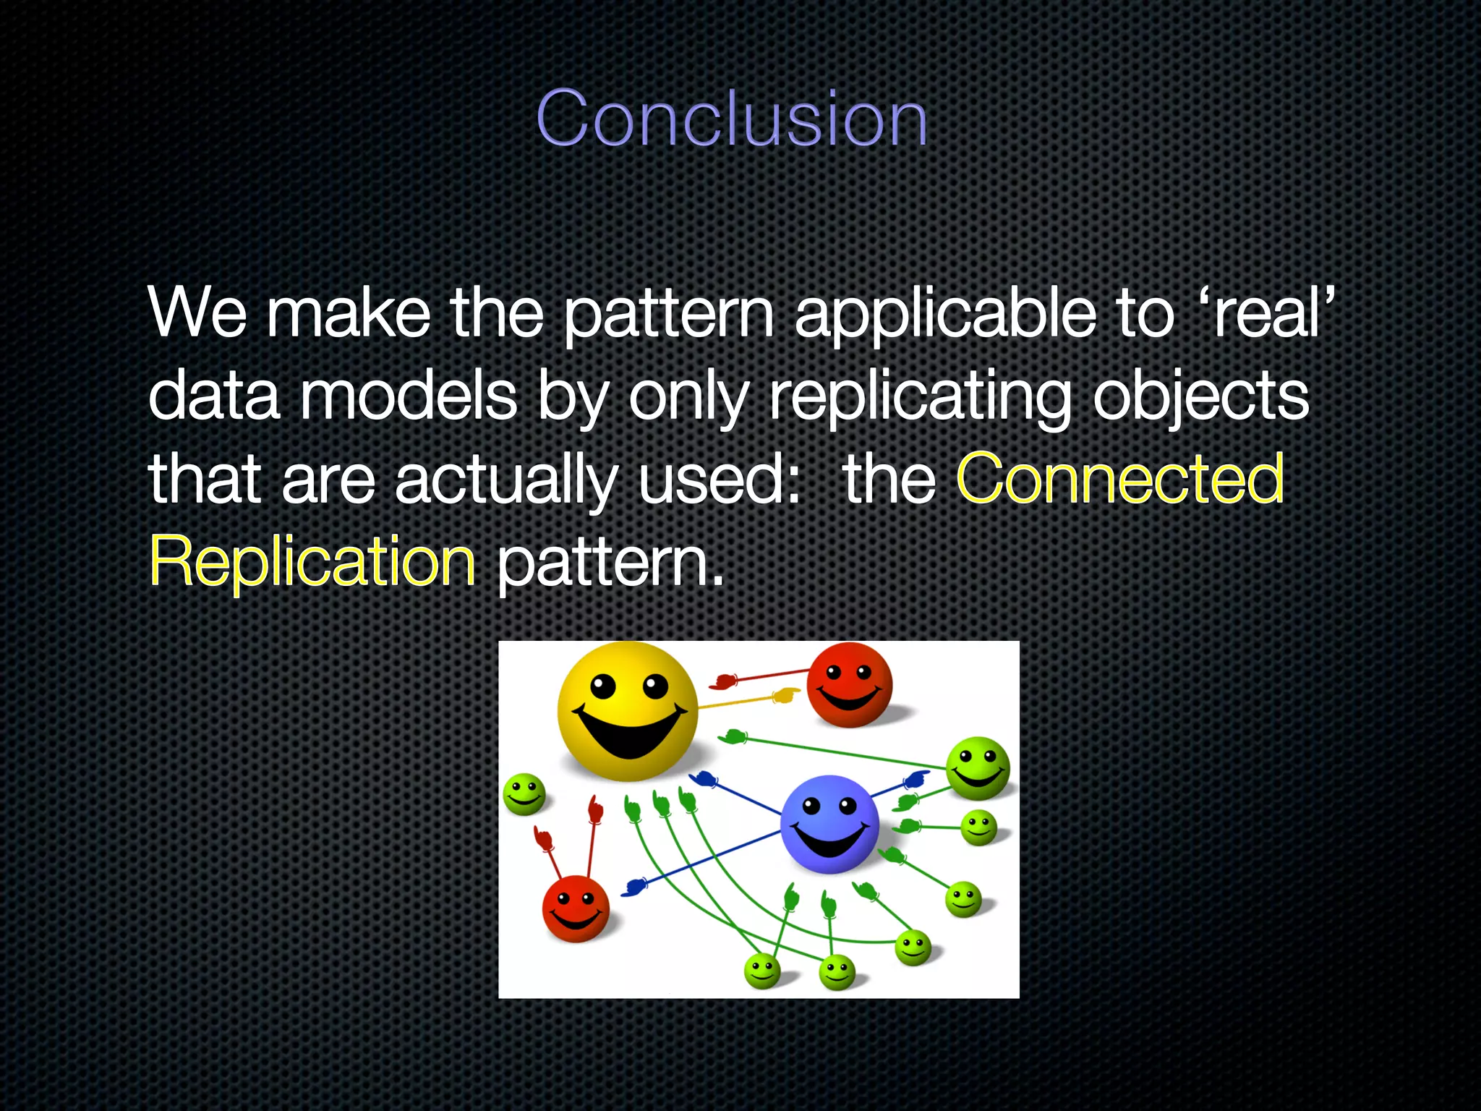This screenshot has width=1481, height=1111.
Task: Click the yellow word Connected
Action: click(1120, 478)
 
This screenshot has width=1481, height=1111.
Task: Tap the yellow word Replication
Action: click(312, 561)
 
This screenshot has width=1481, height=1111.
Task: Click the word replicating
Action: click(920, 396)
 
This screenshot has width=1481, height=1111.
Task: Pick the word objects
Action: click(1200, 396)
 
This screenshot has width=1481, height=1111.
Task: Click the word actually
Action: click(505, 480)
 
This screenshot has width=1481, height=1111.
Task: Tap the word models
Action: click(409, 396)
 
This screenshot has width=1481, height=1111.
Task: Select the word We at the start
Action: click(197, 312)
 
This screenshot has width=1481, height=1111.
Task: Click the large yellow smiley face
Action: click(627, 709)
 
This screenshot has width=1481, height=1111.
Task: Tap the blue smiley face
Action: click(829, 824)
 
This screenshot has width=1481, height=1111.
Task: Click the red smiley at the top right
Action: click(849, 684)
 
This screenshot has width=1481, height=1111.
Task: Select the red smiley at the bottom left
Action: click(576, 908)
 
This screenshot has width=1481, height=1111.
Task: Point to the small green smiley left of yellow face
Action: click(524, 793)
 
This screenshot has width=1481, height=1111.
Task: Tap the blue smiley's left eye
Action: click(812, 805)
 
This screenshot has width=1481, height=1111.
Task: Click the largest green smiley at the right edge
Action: click(978, 768)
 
